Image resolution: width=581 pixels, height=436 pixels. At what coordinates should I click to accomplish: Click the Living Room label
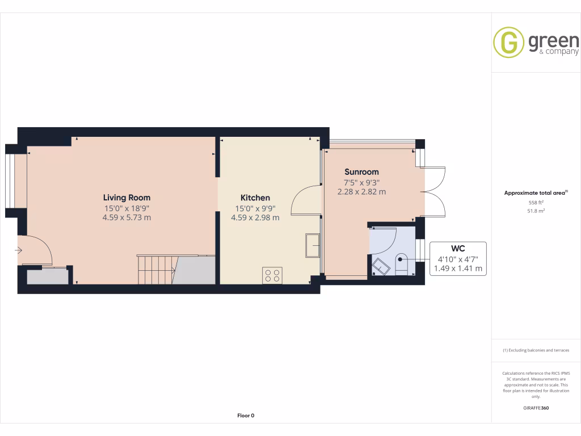click(x=127, y=198)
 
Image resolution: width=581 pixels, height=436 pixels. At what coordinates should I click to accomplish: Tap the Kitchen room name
click(x=255, y=198)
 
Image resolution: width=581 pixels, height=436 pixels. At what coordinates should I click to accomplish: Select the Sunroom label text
click(x=361, y=172)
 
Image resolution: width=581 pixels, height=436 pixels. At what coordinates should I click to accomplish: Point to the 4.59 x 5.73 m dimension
click(x=127, y=217)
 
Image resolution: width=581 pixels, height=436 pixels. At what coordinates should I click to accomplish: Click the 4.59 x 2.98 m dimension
click(x=255, y=217)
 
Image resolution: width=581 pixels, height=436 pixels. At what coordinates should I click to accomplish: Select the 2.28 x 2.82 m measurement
click(x=361, y=192)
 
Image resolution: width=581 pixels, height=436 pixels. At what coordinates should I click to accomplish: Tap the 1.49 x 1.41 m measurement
click(x=458, y=269)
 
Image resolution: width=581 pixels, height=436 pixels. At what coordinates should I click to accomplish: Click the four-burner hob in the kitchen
click(x=272, y=275)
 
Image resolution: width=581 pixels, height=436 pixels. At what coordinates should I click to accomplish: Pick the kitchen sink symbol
click(x=313, y=245)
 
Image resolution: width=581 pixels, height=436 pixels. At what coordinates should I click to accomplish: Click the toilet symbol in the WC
click(x=401, y=265)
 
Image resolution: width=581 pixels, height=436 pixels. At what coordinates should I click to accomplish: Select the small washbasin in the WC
click(x=378, y=266)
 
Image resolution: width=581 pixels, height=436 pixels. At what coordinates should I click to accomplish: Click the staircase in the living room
click(x=156, y=269)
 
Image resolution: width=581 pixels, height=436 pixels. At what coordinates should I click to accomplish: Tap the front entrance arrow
click(x=19, y=250)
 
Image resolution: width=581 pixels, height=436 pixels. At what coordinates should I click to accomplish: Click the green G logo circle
click(x=508, y=42)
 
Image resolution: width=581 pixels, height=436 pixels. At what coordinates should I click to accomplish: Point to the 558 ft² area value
click(x=536, y=202)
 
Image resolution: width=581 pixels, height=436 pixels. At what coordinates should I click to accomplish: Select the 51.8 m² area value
click(x=536, y=211)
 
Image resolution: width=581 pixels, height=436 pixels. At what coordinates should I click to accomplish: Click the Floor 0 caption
click(x=246, y=416)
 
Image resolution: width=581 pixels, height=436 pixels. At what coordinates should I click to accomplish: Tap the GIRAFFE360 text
click(x=536, y=408)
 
